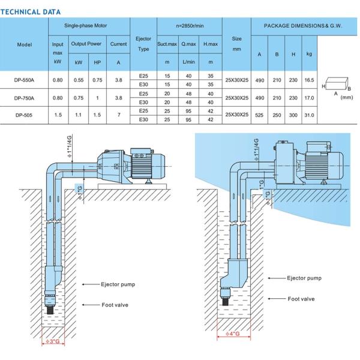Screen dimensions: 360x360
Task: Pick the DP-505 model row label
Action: (25, 114)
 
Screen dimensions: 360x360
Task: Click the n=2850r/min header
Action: (189, 26)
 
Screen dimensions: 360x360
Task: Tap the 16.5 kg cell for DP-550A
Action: (310, 80)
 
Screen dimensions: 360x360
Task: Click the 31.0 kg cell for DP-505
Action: (310, 114)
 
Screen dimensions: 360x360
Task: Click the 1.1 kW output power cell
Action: (79, 114)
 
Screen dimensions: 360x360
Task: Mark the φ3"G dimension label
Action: (54, 342)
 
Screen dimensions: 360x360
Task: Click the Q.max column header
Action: (189, 43)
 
